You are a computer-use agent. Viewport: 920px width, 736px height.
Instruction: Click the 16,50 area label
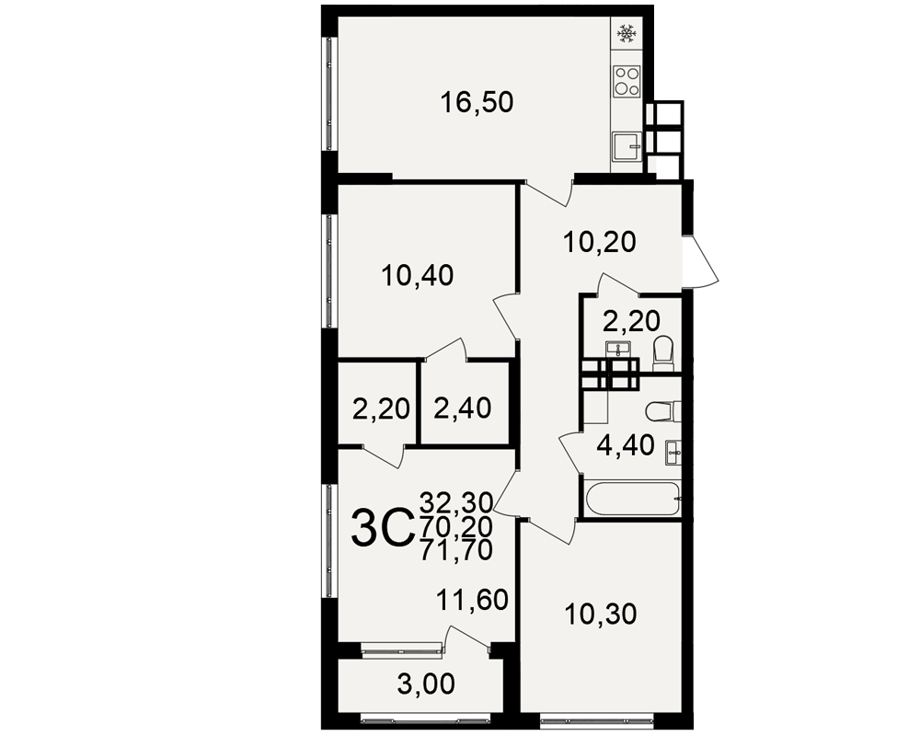pos(477,103)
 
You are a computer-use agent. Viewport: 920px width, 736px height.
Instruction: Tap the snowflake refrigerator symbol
pos(627,34)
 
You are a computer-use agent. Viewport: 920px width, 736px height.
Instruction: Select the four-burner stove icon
pos(627,82)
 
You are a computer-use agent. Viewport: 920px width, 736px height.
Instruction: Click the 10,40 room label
pos(417,275)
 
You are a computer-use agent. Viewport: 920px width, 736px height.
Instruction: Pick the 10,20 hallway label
pos(599,242)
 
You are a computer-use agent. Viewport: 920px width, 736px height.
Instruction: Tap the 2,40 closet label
pos(463,408)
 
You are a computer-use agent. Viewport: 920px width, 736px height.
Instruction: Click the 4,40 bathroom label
pos(626,446)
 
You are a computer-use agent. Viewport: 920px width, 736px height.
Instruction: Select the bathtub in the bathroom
pos(633,500)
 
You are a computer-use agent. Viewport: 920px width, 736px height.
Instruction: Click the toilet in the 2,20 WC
pos(664,353)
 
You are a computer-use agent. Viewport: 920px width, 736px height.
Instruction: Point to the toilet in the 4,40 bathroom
pos(663,411)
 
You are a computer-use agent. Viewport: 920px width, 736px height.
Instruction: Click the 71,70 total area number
pos(456,550)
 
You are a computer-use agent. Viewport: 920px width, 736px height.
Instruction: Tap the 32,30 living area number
pos(456,501)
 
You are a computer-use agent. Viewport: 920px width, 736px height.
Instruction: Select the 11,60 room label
pos(472,601)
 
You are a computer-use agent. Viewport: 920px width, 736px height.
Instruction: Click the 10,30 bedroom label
pos(601,615)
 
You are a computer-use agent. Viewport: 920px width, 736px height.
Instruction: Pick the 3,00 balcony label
pos(426,684)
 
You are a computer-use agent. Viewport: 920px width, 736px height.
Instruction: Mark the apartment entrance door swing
pos(701,261)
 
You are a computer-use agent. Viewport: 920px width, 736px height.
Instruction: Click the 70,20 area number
pos(456,526)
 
